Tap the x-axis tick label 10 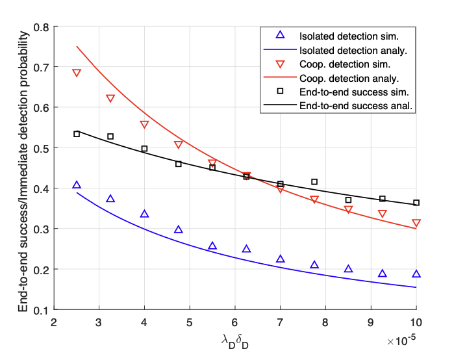[x=416, y=322]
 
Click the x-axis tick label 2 [x=54, y=322]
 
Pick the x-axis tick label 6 [x=235, y=322]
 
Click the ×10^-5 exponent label [x=403, y=340]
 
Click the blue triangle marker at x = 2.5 [x=77, y=186]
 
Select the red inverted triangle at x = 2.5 [x=77, y=73]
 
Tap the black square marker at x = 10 [x=416, y=203]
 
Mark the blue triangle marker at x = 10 [x=416, y=274]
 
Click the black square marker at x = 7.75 [x=314, y=182]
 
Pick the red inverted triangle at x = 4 [x=144, y=124]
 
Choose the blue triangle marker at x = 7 [x=281, y=259]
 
